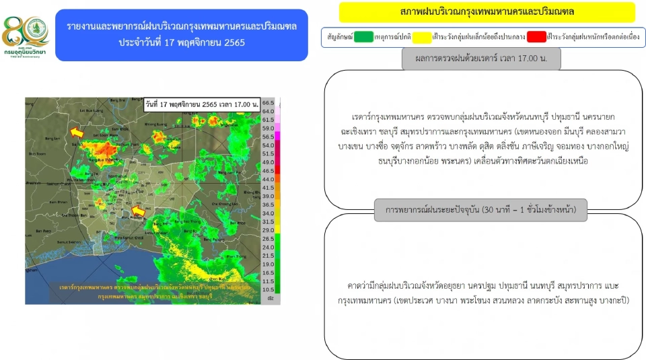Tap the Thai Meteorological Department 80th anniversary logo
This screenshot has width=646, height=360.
[x=26, y=37]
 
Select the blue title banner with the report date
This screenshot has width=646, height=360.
[x=182, y=34]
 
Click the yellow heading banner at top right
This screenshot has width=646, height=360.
[x=487, y=12]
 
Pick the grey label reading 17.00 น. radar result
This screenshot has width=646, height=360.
[x=481, y=59]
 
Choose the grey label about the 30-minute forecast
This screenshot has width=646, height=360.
[x=481, y=210]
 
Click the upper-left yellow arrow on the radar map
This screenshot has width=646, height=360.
[x=77, y=133]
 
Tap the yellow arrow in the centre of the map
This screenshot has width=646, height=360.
[x=138, y=213]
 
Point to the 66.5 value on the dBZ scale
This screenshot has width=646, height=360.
[x=268, y=102]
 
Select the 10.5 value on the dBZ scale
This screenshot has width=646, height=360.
[x=268, y=290]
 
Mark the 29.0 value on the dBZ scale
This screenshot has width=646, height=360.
[x=268, y=230]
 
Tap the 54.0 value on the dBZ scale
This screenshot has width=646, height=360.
[x=268, y=145]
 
